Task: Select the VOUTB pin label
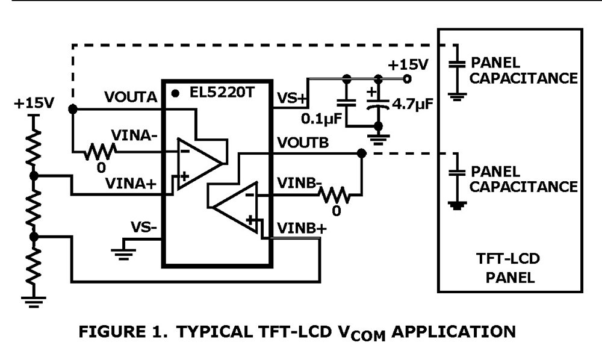tap(302, 142)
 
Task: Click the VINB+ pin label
tap(298, 228)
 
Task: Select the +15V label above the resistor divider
tap(34, 102)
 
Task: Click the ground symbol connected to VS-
tap(123, 252)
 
